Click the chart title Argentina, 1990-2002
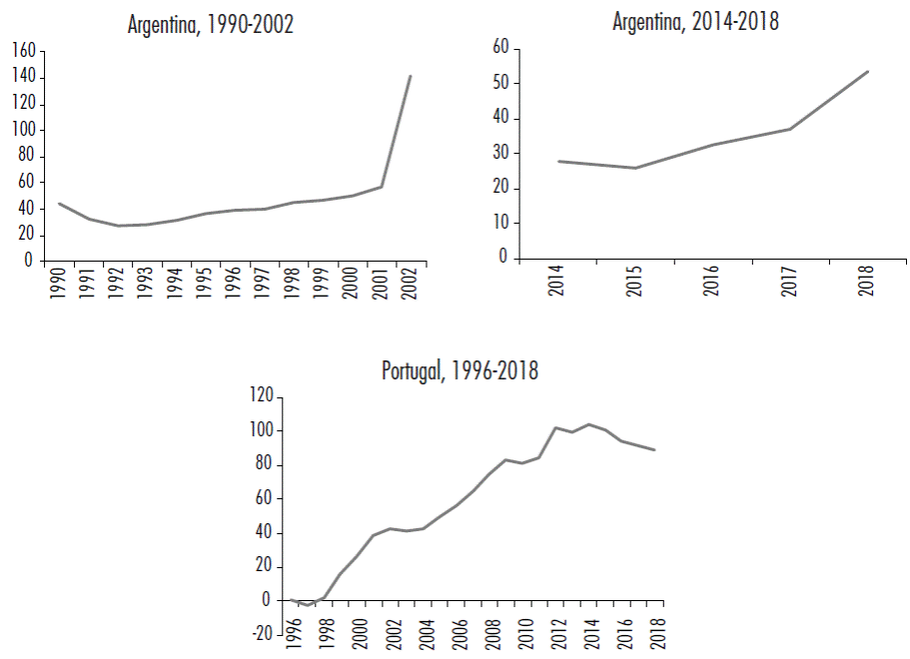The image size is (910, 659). coord(211,25)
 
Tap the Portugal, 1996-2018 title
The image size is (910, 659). coord(459,371)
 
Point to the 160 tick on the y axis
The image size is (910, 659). coord(23,51)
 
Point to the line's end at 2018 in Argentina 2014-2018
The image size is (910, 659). coord(868,71)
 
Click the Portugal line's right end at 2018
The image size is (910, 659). coord(655,450)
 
